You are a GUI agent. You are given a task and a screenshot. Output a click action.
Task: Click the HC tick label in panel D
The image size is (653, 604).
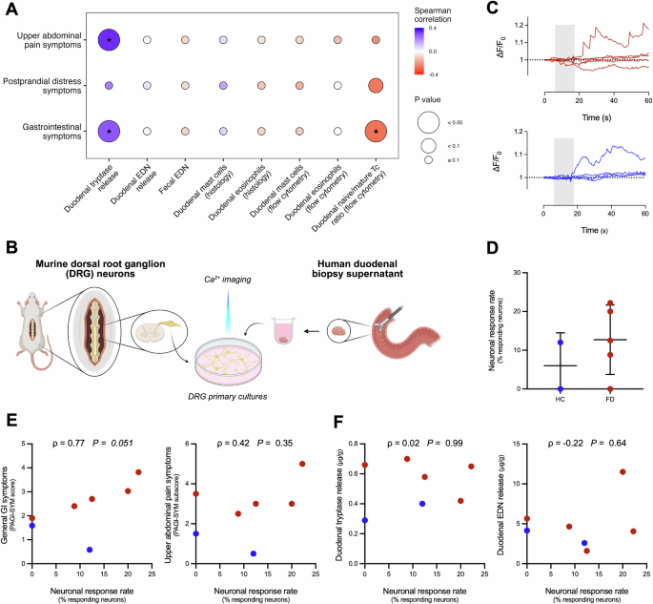[x=561, y=398]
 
